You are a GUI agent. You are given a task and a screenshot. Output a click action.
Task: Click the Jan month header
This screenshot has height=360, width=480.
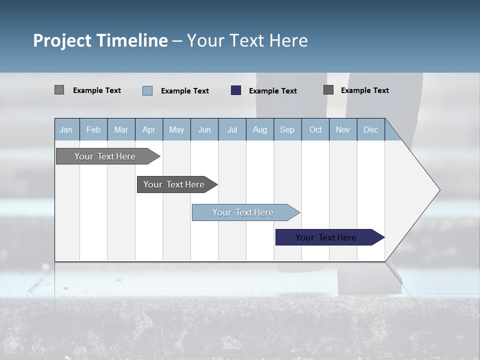tap(66, 129)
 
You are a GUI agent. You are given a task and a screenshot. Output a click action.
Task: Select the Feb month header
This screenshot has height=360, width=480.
tap(93, 129)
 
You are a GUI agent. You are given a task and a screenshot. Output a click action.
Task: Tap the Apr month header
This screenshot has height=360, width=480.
tap(148, 129)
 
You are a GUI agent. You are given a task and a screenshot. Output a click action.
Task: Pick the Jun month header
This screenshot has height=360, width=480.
tap(204, 129)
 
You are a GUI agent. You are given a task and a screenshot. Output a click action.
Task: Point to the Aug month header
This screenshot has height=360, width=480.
tap(260, 129)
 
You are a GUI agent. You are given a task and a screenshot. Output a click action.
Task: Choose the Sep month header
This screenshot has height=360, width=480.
tap(287, 129)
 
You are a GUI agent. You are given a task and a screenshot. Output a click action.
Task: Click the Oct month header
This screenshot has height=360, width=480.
tap(315, 129)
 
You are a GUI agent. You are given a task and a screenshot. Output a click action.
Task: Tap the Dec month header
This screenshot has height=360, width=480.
tap(370, 129)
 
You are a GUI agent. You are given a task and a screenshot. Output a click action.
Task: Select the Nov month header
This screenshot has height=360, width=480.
tap(343, 129)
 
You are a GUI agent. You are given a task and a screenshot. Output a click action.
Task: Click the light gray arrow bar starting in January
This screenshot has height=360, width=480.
tap(105, 156)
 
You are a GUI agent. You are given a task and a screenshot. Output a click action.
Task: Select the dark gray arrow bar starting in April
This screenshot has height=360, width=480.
tap(174, 184)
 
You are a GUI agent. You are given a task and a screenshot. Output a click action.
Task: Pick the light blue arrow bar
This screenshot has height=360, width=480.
tap(243, 212)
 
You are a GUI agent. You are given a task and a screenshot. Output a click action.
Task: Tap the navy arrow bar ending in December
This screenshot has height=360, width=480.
tap(326, 237)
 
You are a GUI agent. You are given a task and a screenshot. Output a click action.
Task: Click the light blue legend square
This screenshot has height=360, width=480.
tap(147, 90)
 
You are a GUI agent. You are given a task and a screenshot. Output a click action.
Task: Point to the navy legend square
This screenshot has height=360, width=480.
tap(236, 90)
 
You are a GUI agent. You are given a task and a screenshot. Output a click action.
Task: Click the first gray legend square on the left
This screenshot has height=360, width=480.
tap(59, 90)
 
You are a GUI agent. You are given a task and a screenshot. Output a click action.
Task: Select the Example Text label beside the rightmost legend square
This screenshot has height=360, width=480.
tap(364, 90)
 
